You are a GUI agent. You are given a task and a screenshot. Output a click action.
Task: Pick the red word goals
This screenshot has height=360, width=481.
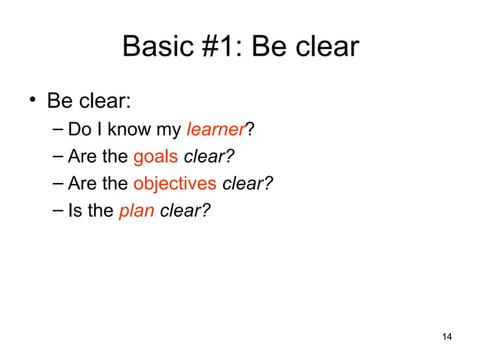click(x=155, y=157)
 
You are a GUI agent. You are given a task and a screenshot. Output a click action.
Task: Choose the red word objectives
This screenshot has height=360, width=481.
click(x=174, y=185)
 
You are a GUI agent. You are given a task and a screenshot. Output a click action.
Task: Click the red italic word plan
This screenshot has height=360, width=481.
click(x=136, y=212)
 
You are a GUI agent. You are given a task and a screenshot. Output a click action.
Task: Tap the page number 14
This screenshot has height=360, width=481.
click(x=446, y=336)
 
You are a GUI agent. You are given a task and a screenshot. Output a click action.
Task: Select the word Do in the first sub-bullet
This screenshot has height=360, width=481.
click(x=78, y=130)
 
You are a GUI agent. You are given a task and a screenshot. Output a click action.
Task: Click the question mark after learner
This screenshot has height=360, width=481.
click(x=250, y=130)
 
